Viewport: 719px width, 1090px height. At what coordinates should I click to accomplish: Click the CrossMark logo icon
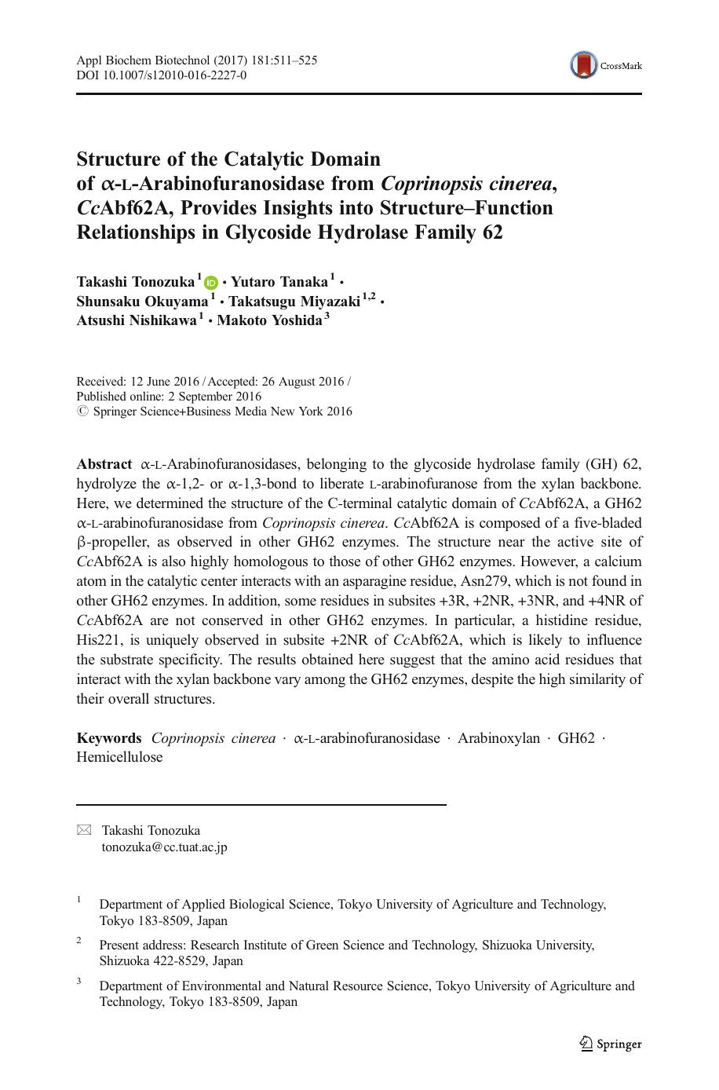click(x=584, y=66)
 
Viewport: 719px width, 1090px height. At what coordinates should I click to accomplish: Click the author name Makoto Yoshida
click(x=269, y=320)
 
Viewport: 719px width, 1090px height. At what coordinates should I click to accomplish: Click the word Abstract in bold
click(x=104, y=464)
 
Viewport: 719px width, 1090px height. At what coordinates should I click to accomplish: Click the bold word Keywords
click(x=108, y=738)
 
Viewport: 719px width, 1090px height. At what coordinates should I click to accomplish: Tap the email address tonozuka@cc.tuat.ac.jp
click(x=164, y=847)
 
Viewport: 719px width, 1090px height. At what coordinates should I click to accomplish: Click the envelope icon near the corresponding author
click(x=83, y=831)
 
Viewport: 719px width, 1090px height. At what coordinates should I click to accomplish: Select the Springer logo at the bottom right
click(x=611, y=1044)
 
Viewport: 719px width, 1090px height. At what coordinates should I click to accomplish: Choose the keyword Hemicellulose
click(x=119, y=758)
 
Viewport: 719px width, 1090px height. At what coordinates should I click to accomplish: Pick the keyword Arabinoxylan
click(x=498, y=738)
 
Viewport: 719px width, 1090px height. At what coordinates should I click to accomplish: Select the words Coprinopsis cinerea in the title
click(x=468, y=184)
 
